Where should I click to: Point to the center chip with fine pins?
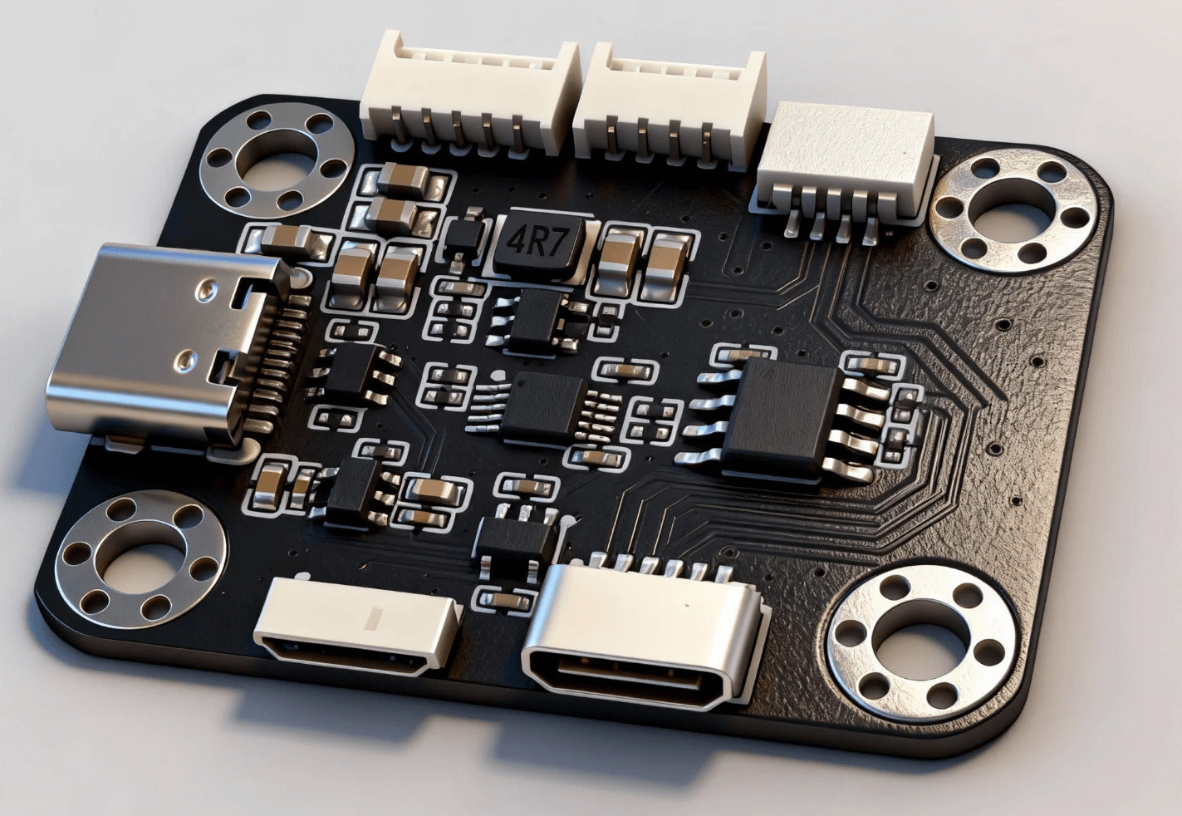542,407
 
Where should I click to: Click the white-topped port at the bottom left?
357,625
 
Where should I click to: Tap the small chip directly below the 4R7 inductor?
532,321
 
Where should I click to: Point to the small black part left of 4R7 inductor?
464,236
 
